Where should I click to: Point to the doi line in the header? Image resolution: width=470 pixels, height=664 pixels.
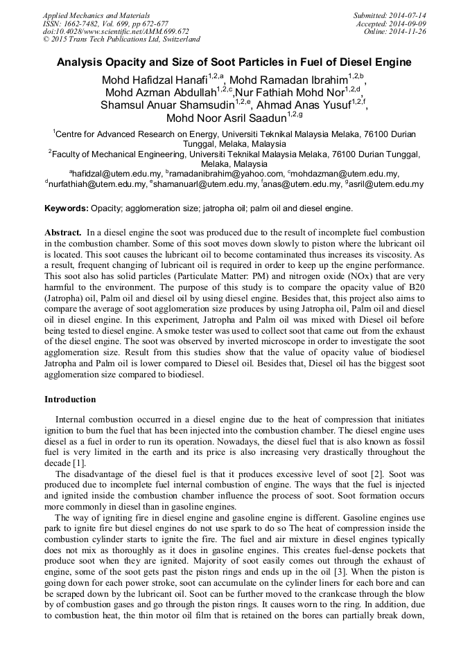(x=116, y=31)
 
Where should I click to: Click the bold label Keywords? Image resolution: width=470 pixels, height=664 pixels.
(x=67, y=208)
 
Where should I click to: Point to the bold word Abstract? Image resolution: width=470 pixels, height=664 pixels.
(x=64, y=233)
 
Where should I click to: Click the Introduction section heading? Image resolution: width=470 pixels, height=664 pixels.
(x=70, y=400)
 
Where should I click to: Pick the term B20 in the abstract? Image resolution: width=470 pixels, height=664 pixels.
(x=413, y=289)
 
